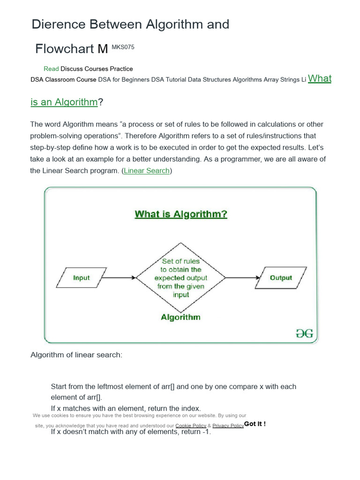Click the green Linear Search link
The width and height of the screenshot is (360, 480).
(147, 171)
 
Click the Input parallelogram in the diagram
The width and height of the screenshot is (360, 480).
(81, 277)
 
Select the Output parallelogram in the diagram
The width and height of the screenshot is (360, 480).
(281, 277)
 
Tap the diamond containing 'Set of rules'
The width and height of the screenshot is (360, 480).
(181, 277)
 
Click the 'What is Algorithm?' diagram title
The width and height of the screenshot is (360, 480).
(181, 214)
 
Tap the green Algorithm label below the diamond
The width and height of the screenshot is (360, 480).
(180, 317)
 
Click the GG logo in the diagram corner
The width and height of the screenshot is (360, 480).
(304, 333)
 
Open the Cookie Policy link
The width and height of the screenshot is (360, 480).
(190, 426)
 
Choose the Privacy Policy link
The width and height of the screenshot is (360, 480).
(228, 426)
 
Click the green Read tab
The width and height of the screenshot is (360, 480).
(51, 69)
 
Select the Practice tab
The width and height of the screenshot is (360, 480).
(121, 69)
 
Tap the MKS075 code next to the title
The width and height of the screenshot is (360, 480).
(123, 47)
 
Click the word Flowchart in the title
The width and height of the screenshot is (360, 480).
(66, 49)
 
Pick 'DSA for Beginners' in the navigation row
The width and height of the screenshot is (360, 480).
(124, 80)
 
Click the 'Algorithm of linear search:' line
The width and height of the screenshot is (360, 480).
(76, 355)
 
